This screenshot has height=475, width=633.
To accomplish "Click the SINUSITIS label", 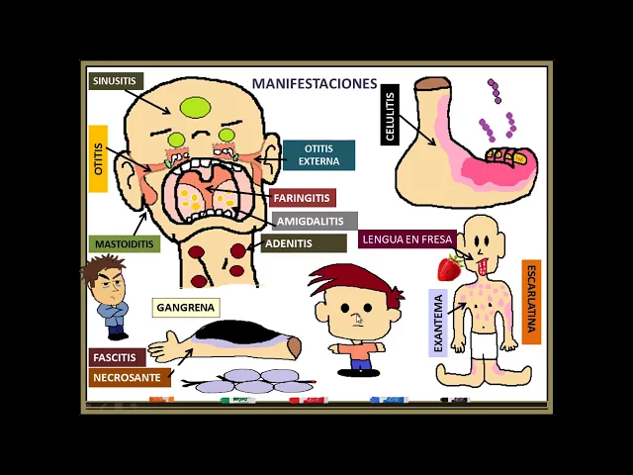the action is pos(115,81).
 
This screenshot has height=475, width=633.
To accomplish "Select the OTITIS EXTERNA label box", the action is pos(318,155).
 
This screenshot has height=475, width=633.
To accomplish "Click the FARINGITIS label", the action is pos(302,198).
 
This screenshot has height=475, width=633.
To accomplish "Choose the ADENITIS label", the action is pos(289,243).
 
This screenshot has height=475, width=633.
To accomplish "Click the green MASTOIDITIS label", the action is pos(124,243).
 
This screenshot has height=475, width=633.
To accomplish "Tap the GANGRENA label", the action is pos(185,308).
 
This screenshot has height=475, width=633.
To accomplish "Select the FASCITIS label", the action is pos(114,357).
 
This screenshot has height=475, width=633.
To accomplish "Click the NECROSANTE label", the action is pos(126,377).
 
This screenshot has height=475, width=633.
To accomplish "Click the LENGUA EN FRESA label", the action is pos(407,238).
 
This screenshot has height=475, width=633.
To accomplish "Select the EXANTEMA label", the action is pos(439,322).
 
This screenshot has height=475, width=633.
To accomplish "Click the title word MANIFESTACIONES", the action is pos(315,84).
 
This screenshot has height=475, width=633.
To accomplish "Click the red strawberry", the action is pos(449,267).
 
